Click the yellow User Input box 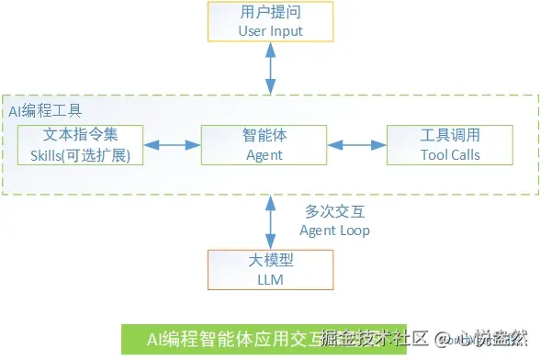(270, 22)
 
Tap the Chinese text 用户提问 (270, 13)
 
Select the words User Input (270, 31)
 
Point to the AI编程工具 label (45, 110)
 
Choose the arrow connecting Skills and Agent (173, 145)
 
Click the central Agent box (264, 145)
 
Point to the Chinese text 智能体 (264, 135)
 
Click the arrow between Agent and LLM (270, 221)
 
